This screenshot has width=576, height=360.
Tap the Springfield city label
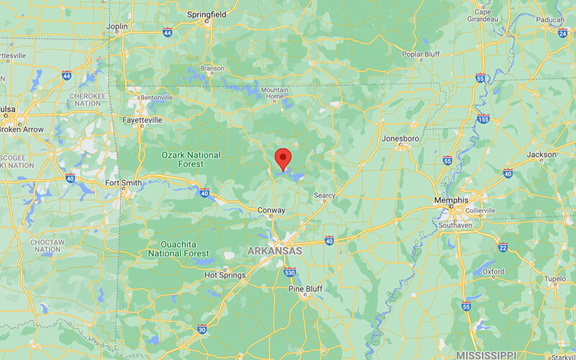pos(207,14)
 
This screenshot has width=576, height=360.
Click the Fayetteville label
pos(142,120)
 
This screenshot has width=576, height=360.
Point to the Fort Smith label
pos(123,183)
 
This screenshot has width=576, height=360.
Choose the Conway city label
pos(271,210)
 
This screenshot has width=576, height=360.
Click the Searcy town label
pos(324,195)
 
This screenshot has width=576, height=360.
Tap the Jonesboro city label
pos(400,138)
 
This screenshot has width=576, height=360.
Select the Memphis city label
pos(451,199)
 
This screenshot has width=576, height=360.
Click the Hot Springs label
pos(225,275)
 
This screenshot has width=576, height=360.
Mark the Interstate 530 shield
pos(289,272)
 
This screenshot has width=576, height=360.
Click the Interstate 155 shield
pos(483,119)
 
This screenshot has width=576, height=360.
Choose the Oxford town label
pos(492,271)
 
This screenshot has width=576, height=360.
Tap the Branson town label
pos(212,68)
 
